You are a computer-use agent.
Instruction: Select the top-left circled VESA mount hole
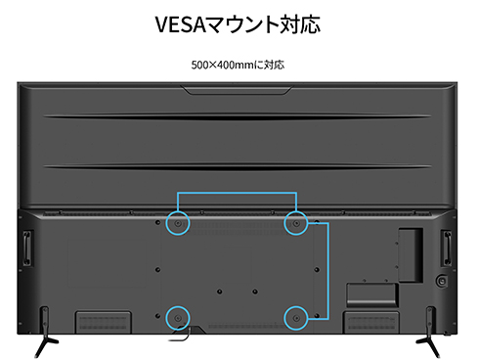click(x=178, y=223)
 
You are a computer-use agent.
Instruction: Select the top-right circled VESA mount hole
click(x=295, y=223)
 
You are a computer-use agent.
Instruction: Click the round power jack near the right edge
click(x=440, y=280)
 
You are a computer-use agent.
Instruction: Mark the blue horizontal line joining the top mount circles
click(x=237, y=193)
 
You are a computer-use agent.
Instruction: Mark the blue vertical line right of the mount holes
click(x=327, y=269)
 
